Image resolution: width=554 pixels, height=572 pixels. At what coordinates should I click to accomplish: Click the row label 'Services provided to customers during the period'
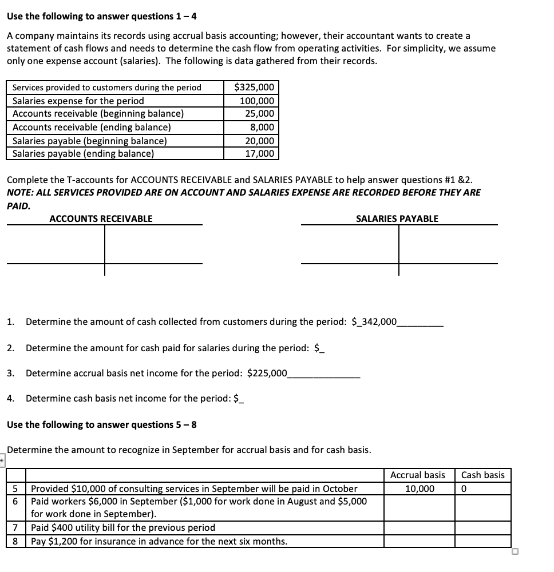(107, 88)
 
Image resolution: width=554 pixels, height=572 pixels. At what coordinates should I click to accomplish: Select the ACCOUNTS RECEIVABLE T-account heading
(101, 219)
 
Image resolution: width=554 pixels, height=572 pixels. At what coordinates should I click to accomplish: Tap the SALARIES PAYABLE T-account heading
(397, 219)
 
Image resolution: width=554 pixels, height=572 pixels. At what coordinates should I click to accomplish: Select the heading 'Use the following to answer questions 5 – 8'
(102, 424)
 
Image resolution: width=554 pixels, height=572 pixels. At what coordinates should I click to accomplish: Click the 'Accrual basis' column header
(418, 475)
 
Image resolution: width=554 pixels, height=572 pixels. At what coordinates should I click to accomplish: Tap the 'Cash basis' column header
(483, 475)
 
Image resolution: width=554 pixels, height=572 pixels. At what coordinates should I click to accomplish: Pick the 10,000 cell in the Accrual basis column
(420, 488)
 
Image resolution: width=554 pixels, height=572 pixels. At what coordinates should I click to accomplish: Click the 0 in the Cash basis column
(463, 488)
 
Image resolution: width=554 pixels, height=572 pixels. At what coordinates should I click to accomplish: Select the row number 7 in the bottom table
(15, 527)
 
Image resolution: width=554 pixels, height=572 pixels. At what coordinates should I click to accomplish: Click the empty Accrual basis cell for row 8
(419, 541)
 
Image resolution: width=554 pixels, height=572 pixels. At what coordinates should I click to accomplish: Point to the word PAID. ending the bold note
(18, 205)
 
